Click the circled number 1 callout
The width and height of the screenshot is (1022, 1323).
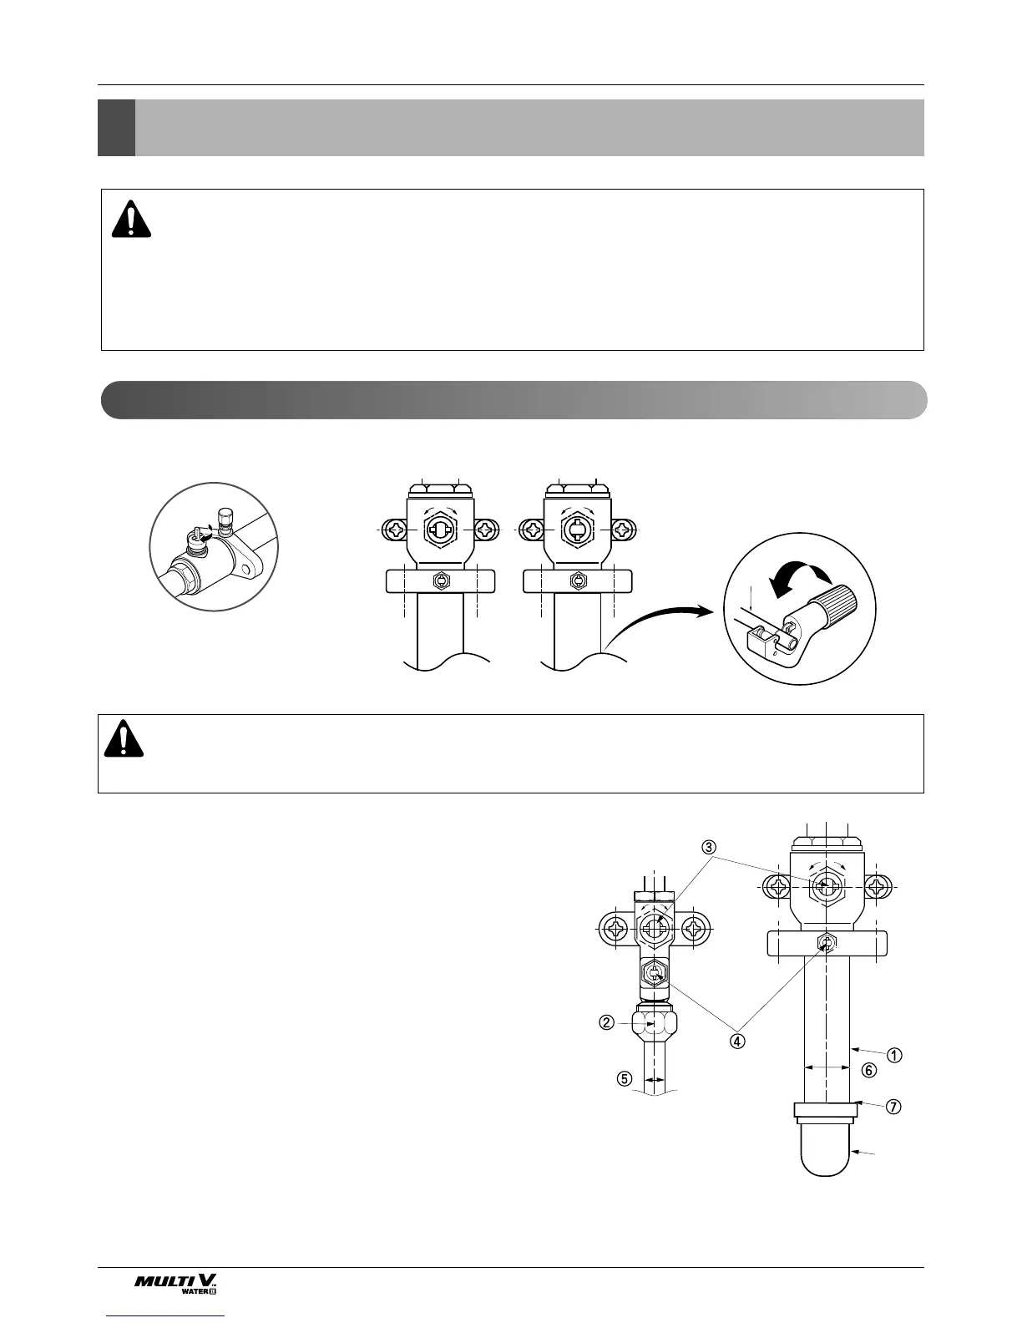pyautogui.click(x=893, y=1055)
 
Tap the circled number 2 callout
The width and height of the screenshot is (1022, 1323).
pyautogui.click(x=608, y=1022)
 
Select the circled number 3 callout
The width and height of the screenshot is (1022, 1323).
pyautogui.click(x=709, y=847)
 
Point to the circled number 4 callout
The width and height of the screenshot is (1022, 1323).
pyautogui.click(x=737, y=1042)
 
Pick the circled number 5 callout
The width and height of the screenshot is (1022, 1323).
pyautogui.click(x=623, y=1077)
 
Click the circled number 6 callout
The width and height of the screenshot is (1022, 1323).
pyautogui.click(x=869, y=1070)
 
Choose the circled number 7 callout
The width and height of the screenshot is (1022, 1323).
pyautogui.click(x=893, y=1107)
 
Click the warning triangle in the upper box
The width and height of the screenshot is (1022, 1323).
pyautogui.click(x=131, y=220)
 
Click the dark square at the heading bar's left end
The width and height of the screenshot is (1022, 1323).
pyautogui.click(x=116, y=128)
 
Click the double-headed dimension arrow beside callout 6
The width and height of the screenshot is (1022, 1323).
pyautogui.click(x=827, y=1067)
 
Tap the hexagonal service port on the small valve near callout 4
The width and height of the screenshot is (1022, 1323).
pyautogui.click(x=654, y=974)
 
